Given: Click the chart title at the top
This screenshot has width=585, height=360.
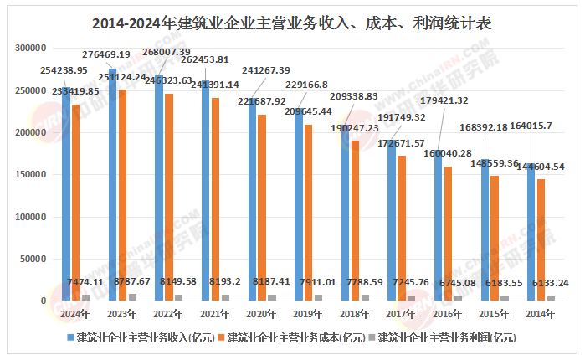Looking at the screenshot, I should (292, 23).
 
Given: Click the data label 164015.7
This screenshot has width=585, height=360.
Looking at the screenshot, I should (547, 149).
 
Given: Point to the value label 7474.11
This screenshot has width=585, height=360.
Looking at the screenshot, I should (85, 284).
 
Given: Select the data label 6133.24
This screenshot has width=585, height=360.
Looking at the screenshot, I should (551, 284).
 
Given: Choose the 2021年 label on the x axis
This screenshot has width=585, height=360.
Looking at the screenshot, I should (215, 314).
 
